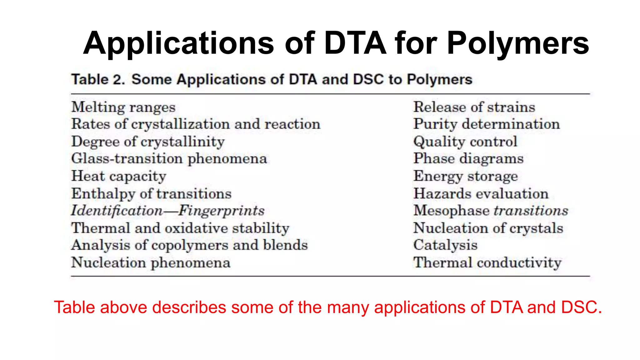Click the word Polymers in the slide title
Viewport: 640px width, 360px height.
[x=518, y=44]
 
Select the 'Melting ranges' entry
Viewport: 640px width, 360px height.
[x=123, y=107]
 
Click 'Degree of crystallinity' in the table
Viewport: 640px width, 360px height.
[x=148, y=142]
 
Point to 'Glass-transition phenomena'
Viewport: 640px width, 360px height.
[x=169, y=159]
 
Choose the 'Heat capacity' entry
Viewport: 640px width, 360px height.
[x=119, y=176]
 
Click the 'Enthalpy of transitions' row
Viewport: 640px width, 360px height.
[x=151, y=194]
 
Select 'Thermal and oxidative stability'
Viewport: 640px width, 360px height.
[x=180, y=228]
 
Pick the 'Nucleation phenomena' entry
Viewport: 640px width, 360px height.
[x=151, y=262]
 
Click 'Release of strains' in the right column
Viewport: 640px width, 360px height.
[x=474, y=107]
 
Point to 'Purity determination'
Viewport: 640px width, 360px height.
[x=486, y=124]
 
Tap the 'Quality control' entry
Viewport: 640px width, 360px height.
[x=465, y=142]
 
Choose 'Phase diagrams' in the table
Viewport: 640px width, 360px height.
[x=468, y=159]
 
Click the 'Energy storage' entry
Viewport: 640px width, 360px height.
[x=466, y=176]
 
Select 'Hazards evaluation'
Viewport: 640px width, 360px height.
[x=481, y=194]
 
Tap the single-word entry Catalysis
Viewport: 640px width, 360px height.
[x=445, y=245]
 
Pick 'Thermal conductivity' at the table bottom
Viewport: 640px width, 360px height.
[x=487, y=262]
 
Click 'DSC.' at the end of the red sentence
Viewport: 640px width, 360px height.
[x=581, y=307]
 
